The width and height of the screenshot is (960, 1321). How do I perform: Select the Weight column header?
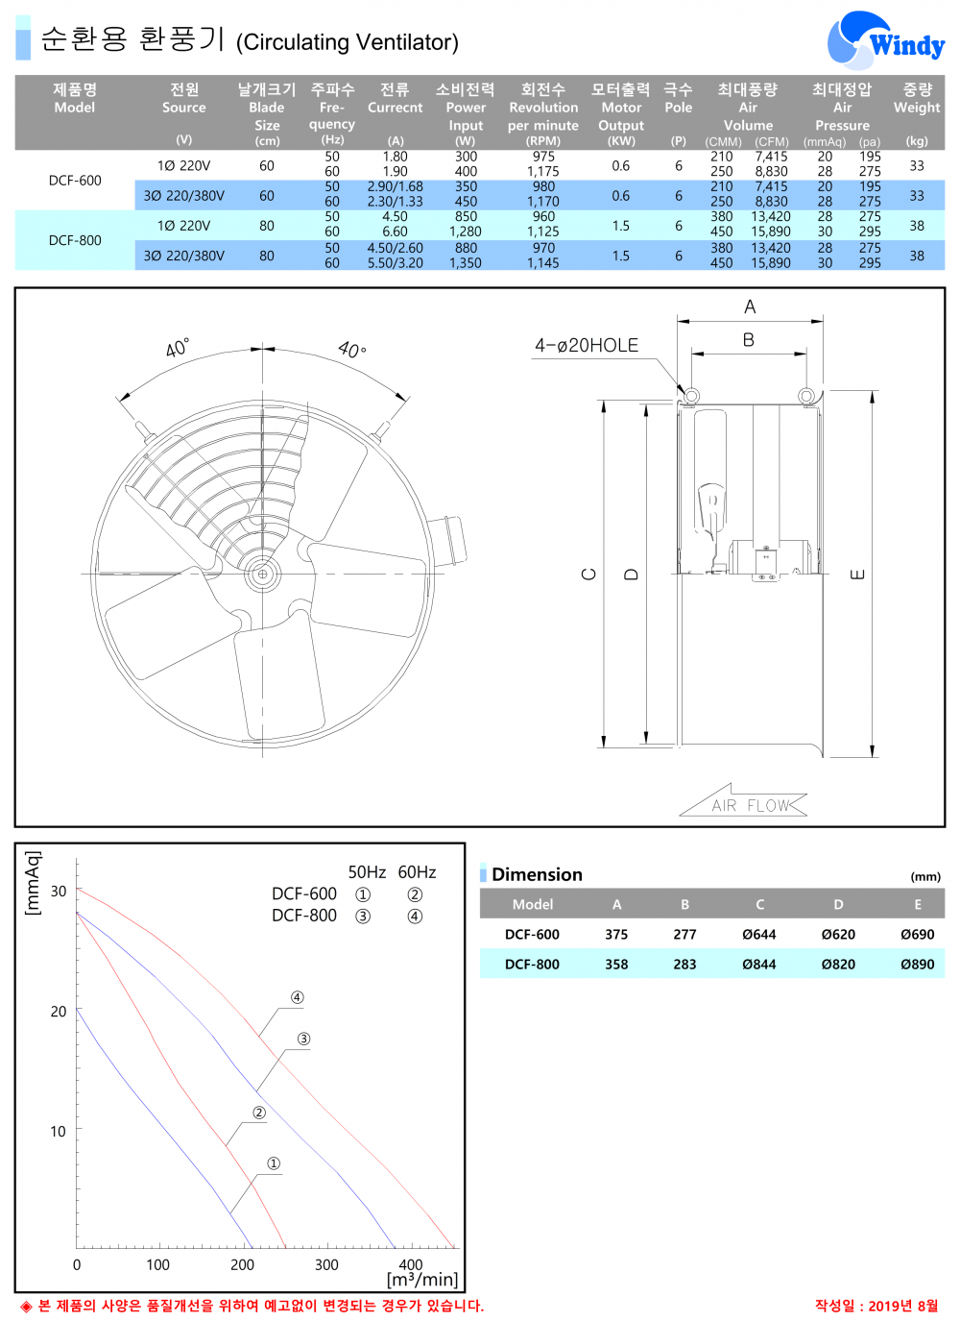pyautogui.click(x=917, y=98)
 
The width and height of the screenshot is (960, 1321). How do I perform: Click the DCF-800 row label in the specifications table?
pyautogui.click(x=75, y=240)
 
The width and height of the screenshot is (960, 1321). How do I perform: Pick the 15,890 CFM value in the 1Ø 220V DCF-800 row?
pyautogui.click(x=771, y=232)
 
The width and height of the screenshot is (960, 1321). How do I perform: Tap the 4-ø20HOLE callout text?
pyautogui.click(x=586, y=345)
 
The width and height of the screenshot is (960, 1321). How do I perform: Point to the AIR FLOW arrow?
pyautogui.click(x=744, y=803)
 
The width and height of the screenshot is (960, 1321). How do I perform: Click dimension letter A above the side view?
pyautogui.click(x=750, y=306)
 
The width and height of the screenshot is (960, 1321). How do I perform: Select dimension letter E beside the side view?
pyautogui.click(x=857, y=575)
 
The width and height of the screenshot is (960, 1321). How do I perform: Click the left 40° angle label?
pyautogui.click(x=178, y=348)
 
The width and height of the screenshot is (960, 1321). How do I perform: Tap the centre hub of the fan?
pyautogui.click(x=262, y=574)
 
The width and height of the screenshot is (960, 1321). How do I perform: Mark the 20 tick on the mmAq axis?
pyautogui.click(x=59, y=1012)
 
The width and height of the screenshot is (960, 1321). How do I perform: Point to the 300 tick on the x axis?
pyautogui.click(x=326, y=1264)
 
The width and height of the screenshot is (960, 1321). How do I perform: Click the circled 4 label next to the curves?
pyautogui.click(x=297, y=997)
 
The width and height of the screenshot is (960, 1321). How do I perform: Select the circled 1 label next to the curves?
pyautogui.click(x=274, y=1163)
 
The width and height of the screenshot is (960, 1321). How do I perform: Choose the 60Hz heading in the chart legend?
pyautogui.click(x=417, y=872)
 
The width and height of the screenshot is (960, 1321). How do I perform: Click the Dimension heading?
pyautogui.click(x=537, y=874)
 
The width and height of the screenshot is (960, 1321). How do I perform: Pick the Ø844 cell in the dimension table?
pyautogui.click(x=758, y=964)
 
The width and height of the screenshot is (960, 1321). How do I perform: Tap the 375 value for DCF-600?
pyautogui.click(x=616, y=934)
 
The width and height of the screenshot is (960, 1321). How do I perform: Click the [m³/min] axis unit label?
pyautogui.click(x=422, y=1280)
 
